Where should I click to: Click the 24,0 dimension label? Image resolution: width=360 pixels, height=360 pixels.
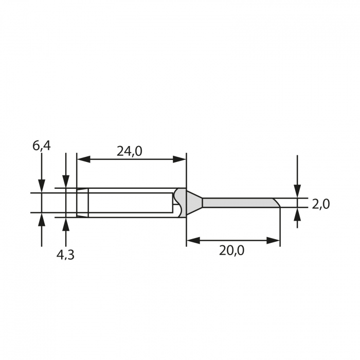(130, 151)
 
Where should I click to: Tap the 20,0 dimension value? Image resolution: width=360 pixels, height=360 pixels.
(231, 250)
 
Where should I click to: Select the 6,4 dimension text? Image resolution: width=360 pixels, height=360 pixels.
(41, 146)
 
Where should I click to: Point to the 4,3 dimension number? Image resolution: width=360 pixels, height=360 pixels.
(65, 255)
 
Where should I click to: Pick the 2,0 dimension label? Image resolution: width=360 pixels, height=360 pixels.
(321, 204)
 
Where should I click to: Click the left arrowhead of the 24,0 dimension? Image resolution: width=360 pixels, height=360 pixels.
(83, 159)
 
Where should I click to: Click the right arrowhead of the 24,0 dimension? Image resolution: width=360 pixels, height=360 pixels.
(179, 159)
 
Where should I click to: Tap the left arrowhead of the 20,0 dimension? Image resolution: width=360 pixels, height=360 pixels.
(193, 241)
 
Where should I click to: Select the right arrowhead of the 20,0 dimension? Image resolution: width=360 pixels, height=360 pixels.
(273, 241)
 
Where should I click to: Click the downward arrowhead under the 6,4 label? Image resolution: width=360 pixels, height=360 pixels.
(42, 186)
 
